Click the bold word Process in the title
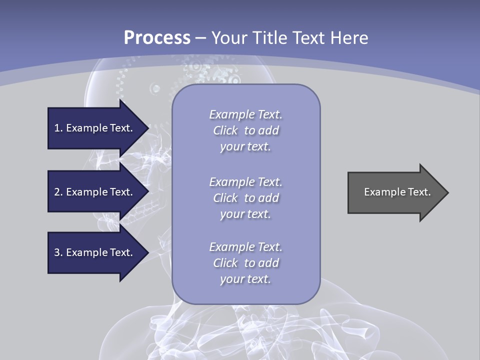157,37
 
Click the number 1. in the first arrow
58,128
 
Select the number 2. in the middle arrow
58,192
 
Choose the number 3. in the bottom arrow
58,252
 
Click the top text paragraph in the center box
245,130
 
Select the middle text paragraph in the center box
245,198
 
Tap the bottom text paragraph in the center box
245,263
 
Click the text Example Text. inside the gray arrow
397,192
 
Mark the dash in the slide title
200,38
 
